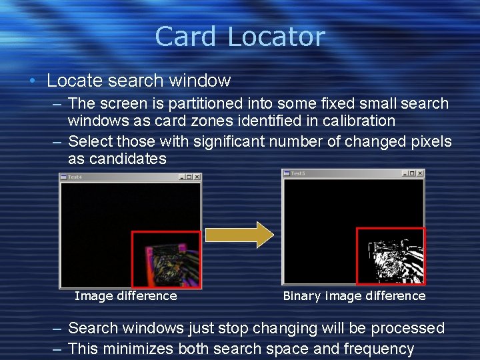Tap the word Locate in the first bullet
(72, 81)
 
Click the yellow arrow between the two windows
(239, 235)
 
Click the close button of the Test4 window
(197, 177)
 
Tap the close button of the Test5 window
(420, 173)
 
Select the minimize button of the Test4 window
(181, 177)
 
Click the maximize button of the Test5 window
(412, 173)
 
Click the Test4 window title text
(75, 177)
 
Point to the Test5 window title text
(298, 173)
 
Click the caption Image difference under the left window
(126, 296)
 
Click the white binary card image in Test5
(393, 257)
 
